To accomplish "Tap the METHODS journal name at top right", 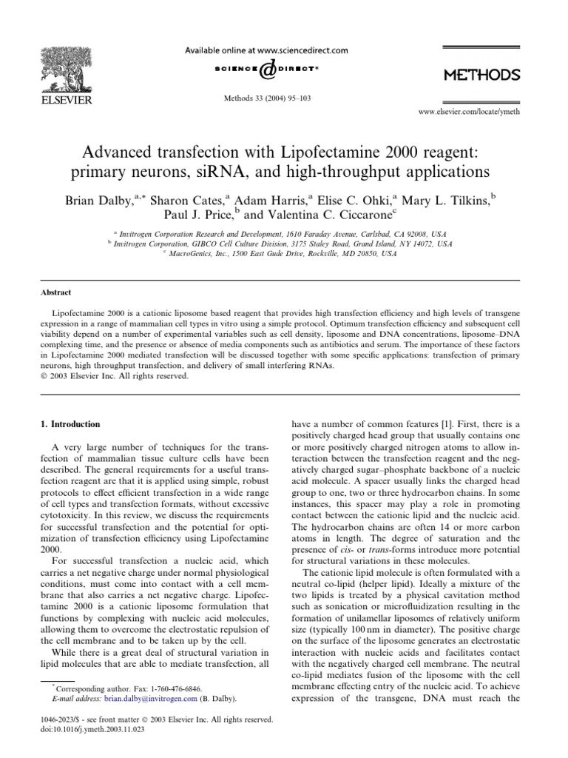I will tap(481, 75).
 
